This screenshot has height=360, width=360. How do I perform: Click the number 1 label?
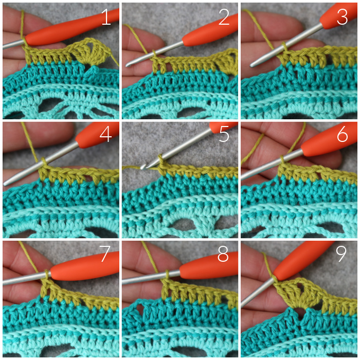pos(106,17)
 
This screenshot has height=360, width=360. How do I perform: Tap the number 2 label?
pos(224,17)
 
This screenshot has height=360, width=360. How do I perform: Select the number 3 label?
pos(343,17)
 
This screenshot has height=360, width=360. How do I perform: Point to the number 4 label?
pos(105,134)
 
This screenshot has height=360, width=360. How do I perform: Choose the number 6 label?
pos(343,134)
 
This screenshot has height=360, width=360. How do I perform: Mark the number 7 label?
pos(105,254)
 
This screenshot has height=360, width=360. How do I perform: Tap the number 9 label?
pos(341,254)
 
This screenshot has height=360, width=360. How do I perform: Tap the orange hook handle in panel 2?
pos(210,30)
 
